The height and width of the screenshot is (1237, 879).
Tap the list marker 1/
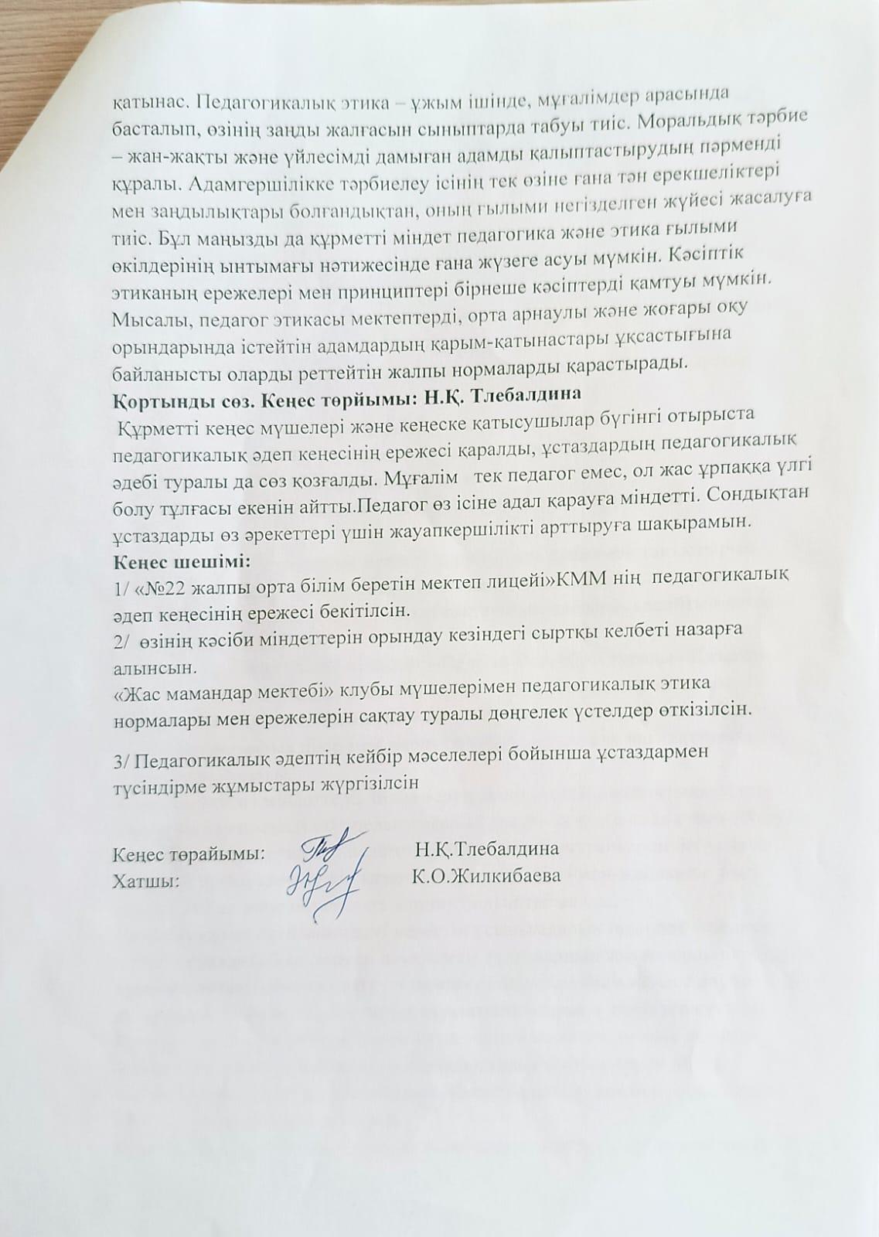click(x=121, y=590)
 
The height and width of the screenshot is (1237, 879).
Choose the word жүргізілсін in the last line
click(x=366, y=782)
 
